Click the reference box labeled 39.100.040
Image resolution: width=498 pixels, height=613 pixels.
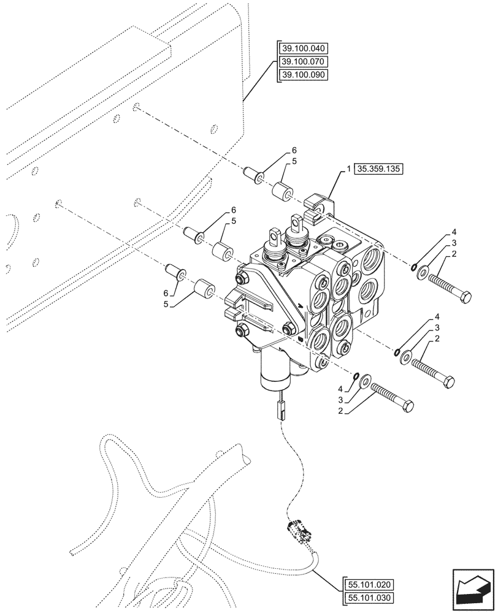[304, 48]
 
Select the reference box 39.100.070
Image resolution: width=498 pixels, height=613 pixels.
[304, 61]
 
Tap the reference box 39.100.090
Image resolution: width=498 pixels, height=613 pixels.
[304, 75]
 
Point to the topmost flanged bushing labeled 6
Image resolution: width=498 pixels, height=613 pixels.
[254, 175]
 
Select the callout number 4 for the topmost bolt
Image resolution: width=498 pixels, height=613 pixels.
[454, 232]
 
